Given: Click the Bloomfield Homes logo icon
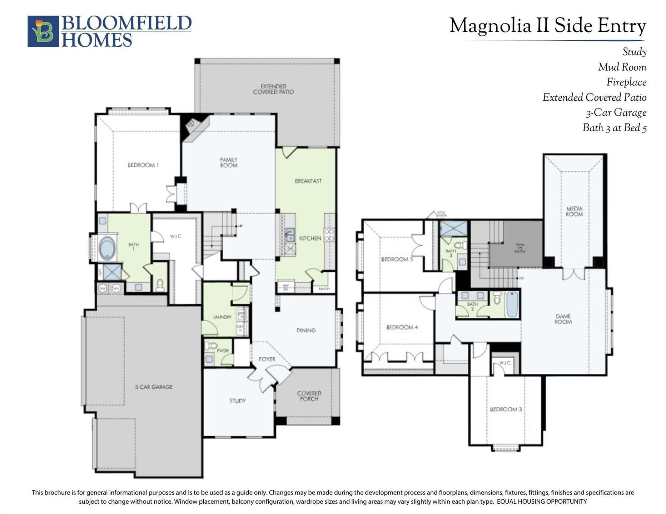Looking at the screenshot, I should click(x=43, y=31).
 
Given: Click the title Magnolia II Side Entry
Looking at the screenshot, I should click(x=547, y=26).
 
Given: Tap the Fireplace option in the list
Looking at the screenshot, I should click(x=626, y=82).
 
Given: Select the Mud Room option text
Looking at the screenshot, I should click(x=622, y=67).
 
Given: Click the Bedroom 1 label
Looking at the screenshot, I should click(x=143, y=165).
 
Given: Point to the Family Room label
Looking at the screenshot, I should click(x=228, y=162).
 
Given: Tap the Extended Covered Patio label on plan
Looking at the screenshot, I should click(x=273, y=89).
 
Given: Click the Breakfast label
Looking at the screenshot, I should click(x=308, y=181).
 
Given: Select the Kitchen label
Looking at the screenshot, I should click(x=310, y=238).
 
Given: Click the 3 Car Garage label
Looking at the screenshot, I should click(x=154, y=387).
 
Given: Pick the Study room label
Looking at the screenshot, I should click(x=237, y=401).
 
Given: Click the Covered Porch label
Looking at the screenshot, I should click(x=309, y=396).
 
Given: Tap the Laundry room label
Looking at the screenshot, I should click(x=222, y=317).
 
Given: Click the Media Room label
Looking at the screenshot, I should click(x=574, y=211).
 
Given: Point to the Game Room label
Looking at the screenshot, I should click(x=563, y=319).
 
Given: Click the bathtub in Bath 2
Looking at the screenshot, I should click(x=512, y=304).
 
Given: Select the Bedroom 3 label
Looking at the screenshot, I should click(x=505, y=409).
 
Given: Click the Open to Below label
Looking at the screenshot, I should click(x=520, y=248).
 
